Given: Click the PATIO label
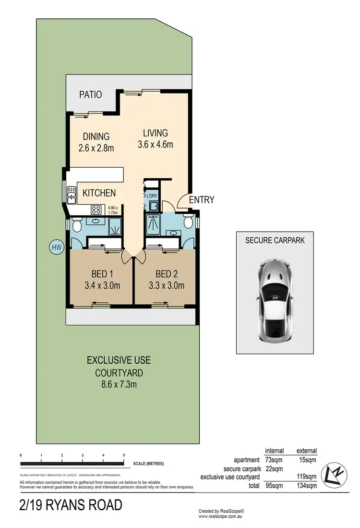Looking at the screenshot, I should (91, 95).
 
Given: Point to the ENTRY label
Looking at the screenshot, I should (202, 200).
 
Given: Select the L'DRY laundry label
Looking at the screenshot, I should (151, 195).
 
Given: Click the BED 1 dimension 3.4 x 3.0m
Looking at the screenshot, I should (102, 286).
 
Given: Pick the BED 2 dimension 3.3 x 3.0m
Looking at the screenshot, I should (166, 286).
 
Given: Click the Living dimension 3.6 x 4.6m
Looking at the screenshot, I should (155, 144).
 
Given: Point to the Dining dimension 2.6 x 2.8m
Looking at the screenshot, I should (96, 148).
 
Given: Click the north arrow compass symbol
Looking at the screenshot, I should (334, 472).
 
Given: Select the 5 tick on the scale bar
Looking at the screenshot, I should (124, 455).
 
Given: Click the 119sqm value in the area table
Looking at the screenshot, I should (307, 477).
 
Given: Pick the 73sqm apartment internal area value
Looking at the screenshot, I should (274, 460).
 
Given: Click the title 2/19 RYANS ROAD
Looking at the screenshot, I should (71, 505).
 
